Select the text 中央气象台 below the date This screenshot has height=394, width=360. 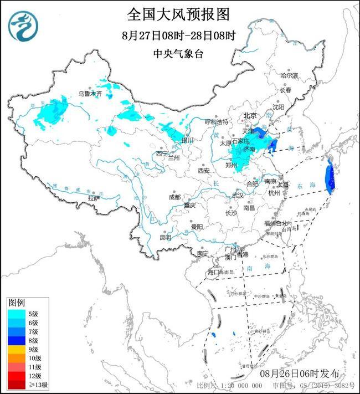(x=178, y=54)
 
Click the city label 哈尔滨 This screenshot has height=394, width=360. (x=289, y=75)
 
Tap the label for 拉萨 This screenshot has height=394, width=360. (x=94, y=198)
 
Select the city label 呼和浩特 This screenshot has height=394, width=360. (x=217, y=121)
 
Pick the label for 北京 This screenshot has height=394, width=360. (x=251, y=116)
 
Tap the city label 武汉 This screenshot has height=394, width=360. (x=238, y=195)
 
